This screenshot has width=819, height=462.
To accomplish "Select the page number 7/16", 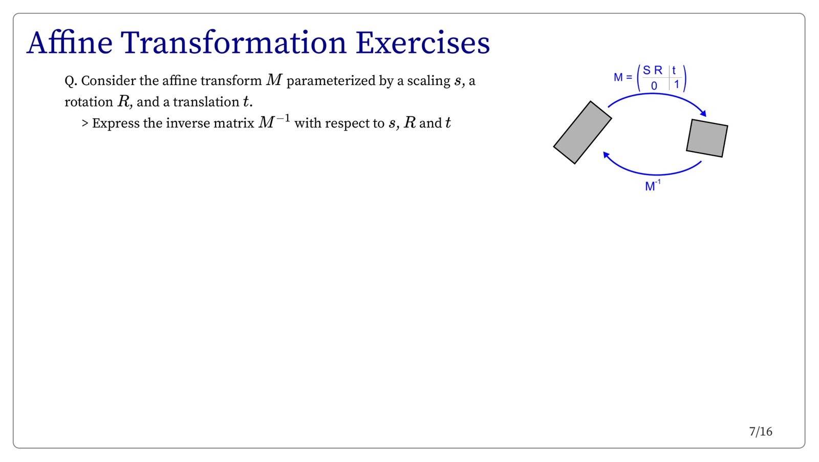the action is (x=761, y=432).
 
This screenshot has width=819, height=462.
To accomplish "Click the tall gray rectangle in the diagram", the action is (x=583, y=133).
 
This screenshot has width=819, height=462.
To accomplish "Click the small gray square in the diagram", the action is (x=707, y=138).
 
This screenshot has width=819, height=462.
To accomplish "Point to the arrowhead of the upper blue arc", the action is (x=703, y=113).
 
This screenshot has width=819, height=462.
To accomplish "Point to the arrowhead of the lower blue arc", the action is (x=606, y=155).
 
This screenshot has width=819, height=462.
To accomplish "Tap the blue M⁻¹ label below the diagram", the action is (x=653, y=186).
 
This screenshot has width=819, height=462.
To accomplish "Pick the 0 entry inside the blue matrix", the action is (x=654, y=86).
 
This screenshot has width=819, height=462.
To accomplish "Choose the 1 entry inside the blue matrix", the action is (x=676, y=85).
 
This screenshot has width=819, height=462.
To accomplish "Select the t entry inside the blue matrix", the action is (x=674, y=70).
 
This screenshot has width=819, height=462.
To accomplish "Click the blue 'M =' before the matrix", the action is (x=623, y=77).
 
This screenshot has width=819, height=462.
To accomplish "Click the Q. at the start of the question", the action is (x=71, y=81).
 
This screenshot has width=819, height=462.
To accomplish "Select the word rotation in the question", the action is (x=89, y=102).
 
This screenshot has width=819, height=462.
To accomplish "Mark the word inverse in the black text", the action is (x=188, y=123).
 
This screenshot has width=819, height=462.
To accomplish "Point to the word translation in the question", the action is (x=206, y=102).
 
